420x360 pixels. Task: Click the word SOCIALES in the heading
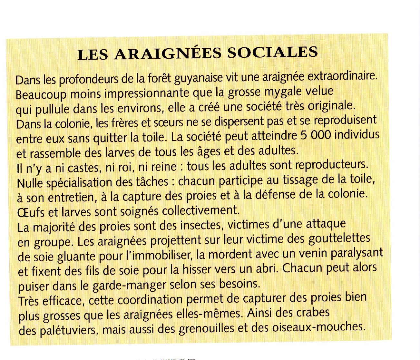click(272, 53)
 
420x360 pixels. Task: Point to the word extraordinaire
click(342, 76)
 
